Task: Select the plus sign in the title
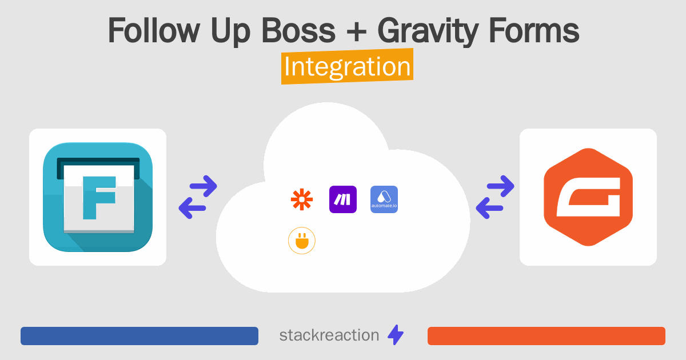click(x=356, y=31)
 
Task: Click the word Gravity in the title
click(x=428, y=32)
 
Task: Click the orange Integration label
click(x=348, y=66)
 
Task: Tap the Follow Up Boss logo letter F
click(x=99, y=198)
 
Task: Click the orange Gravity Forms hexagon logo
click(x=588, y=197)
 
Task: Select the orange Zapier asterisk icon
click(x=302, y=199)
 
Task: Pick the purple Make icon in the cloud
click(x=343, y=199)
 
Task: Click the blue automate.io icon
click(x=384, y=199)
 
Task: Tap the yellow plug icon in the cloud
click(x=302, y=241)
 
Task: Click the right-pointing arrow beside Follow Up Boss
click(x=204, y=186)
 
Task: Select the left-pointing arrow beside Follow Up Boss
click(x=192, y=208)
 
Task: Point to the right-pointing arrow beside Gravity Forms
click(x=500, y=186)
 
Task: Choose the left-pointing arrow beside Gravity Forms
click(x=489, y=208)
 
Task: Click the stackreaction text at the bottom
click(x=329, y=335)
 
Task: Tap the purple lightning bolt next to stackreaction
click(x=396, y=335)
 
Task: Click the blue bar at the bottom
click(x=139, y=336)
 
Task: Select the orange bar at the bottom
click(x=547, y=336)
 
